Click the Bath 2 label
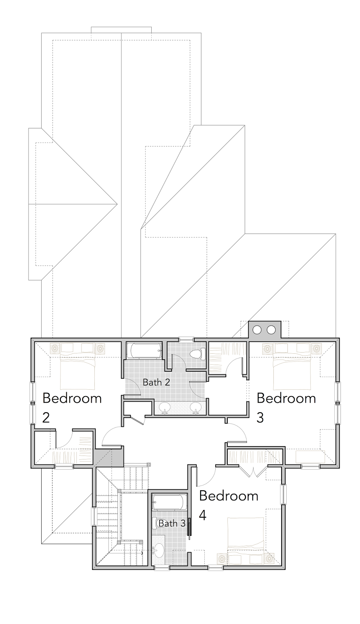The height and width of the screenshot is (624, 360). click(156, 382)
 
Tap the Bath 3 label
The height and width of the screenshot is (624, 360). click(172, 523)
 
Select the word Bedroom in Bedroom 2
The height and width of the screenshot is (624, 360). click(72, 399)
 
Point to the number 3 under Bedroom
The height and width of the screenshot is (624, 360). click(260, 418)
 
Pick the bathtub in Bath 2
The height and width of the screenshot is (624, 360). click(144, 351)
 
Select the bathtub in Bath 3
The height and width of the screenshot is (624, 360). click(169, 502)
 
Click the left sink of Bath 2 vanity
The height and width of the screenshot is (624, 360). click(165, 408)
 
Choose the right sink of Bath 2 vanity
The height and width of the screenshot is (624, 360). click(196, 408)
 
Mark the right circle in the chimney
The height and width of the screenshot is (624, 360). click(271, 330)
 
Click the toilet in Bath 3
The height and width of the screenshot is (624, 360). click(157, 523)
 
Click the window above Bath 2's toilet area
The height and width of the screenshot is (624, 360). click(186, 339)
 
